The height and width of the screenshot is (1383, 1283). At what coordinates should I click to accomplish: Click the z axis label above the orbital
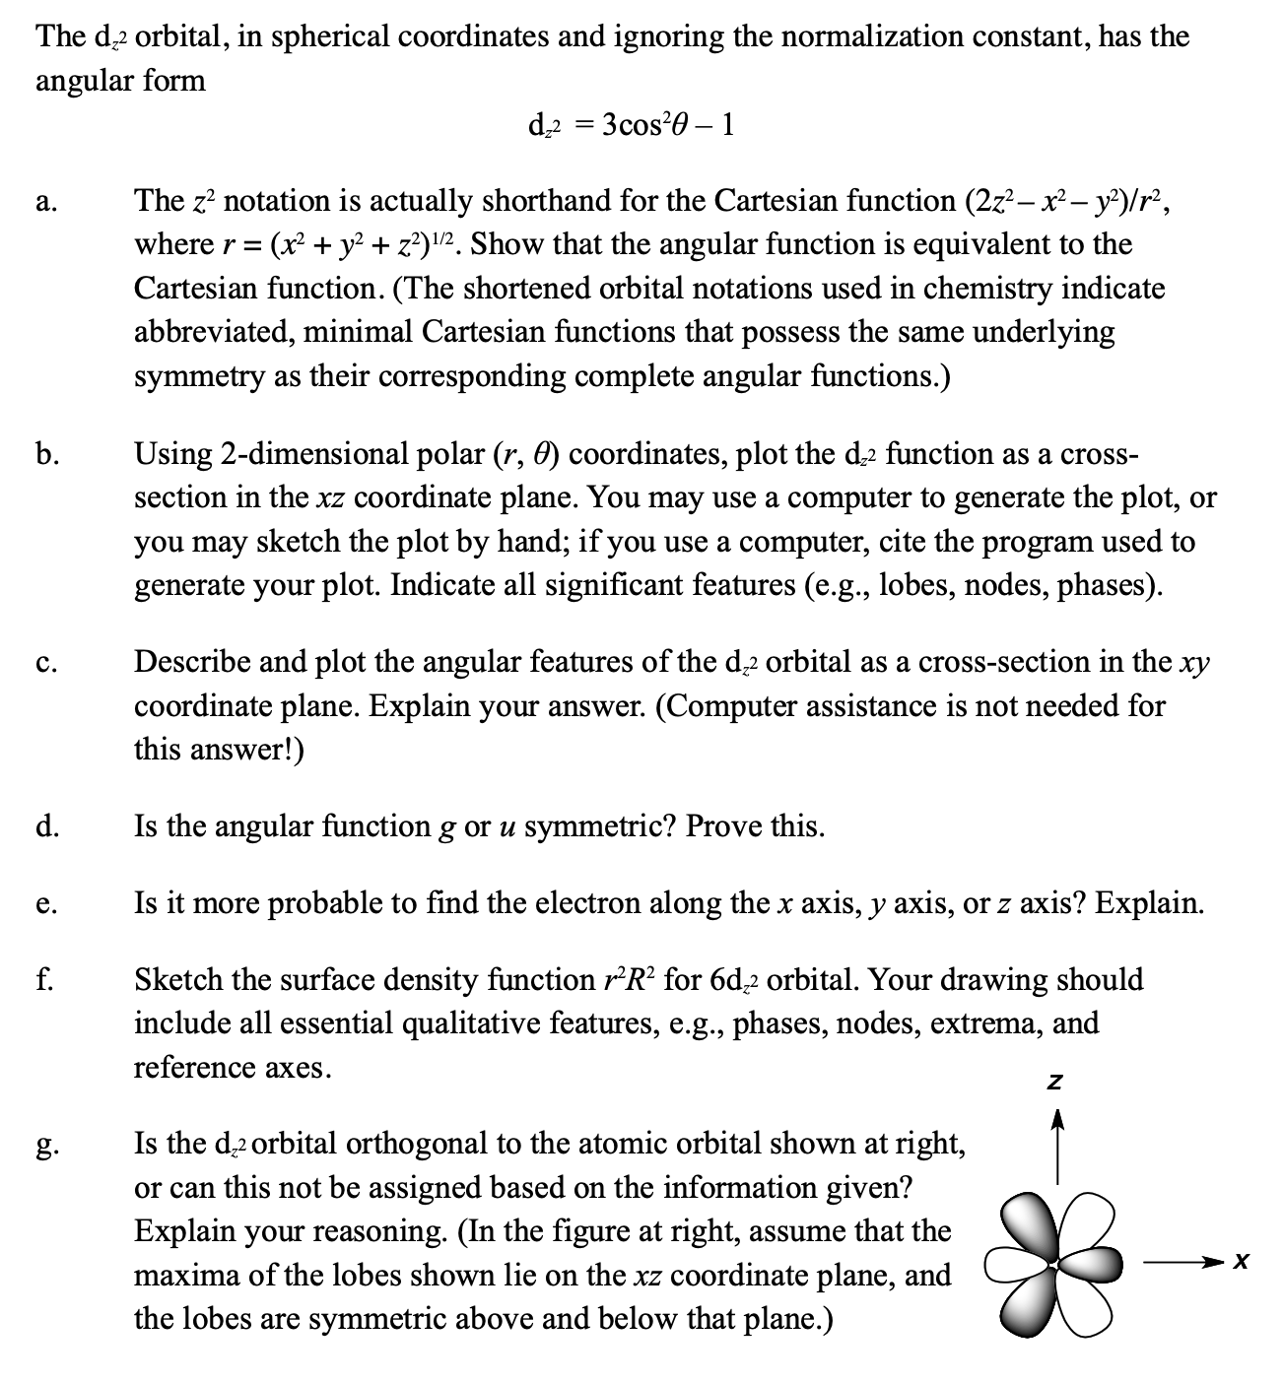[1055, 1082]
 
